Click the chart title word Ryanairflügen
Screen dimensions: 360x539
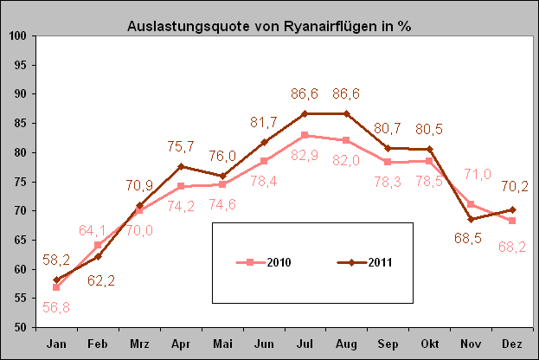317,25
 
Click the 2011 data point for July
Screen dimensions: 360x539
305,113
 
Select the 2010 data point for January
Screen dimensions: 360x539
56,287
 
